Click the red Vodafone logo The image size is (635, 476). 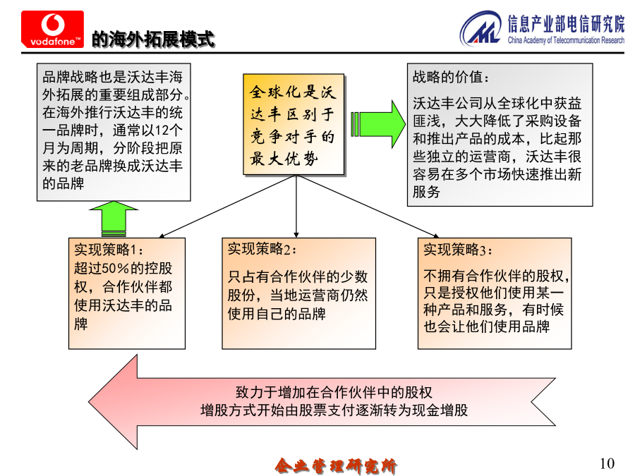53,29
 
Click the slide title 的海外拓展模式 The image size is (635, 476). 153,39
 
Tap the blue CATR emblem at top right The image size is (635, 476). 481,28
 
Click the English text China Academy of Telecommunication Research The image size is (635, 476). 566,40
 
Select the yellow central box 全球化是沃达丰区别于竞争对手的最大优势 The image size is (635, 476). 294,124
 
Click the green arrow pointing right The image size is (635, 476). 378,124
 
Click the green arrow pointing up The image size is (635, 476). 114,219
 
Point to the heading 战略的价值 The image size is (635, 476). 450,76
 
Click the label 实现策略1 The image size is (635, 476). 108,250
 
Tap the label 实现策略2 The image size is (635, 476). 262,249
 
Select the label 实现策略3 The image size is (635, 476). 458,250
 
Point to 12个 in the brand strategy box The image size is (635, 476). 169,130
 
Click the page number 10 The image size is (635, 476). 607,463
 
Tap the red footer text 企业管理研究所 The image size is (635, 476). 336,466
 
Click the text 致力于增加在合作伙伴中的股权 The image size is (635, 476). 334,392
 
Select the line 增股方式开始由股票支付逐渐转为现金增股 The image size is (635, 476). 334,410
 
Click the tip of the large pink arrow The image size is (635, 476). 89,402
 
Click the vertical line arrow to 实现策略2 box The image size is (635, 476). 296,207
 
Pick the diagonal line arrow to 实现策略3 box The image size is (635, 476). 368,207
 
